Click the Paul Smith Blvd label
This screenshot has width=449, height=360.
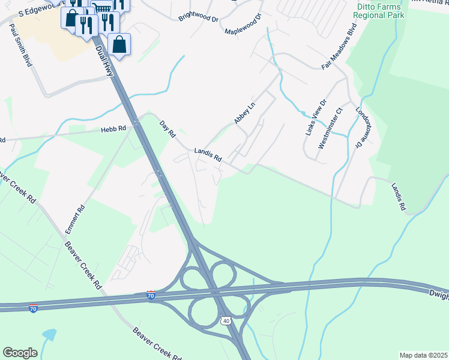[20, 46]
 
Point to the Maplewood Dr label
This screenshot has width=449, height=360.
[244, 25]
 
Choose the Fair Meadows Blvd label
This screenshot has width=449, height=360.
[339, 47]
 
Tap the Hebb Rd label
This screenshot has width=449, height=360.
[113, 128]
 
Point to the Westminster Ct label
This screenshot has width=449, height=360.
[330, 128]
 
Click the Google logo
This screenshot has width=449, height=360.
[20, 353]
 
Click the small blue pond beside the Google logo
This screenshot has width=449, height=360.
[48, 335]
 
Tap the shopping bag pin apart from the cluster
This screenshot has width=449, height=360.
[119, 44]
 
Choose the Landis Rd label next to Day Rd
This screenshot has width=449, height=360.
[208, 155]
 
